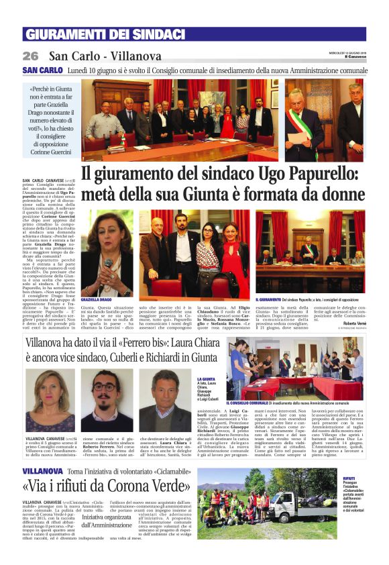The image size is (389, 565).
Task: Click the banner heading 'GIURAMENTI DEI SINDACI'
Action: point(104,35)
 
